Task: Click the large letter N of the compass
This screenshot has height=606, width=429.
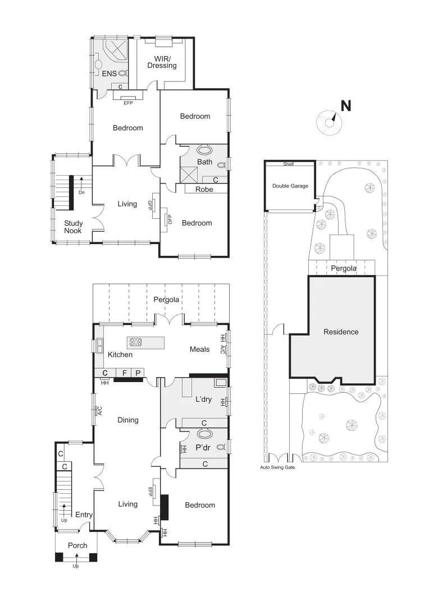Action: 346,105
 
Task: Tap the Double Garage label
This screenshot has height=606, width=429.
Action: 290,186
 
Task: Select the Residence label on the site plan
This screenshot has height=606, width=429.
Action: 341,332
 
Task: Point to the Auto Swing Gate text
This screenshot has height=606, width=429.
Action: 277,467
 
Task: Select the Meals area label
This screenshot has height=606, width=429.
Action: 199,349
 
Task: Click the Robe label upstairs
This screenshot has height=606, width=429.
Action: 204,190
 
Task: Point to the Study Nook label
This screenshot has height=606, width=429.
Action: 73,227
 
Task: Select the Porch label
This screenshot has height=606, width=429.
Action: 77,545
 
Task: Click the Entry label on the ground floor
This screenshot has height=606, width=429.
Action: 84,515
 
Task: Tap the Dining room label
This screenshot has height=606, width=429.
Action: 127,420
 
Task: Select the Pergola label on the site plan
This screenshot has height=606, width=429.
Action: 343,268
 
